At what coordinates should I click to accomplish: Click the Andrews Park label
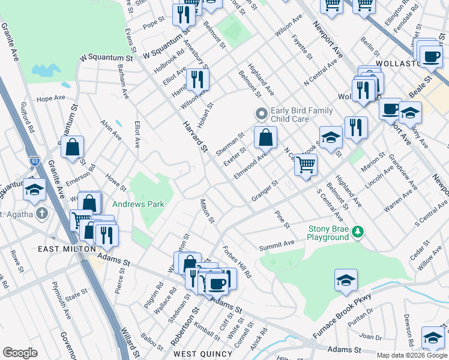click(139, 205)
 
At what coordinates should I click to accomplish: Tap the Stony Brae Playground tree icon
click(358, 231)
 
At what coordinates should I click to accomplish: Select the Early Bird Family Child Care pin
click(261, 113)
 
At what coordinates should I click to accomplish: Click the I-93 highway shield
click(34, 161)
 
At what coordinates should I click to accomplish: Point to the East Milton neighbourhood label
click(67, 249)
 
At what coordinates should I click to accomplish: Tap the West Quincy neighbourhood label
click(203, 353)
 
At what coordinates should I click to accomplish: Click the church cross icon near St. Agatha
click(42, 213)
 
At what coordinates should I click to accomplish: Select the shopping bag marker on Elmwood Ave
click(265, 138)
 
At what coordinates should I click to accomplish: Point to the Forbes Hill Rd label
click(239, 263)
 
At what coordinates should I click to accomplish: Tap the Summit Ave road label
click(277, 244)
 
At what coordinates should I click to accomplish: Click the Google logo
click(20, 353)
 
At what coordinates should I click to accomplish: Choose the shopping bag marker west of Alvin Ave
click(72, 148)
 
